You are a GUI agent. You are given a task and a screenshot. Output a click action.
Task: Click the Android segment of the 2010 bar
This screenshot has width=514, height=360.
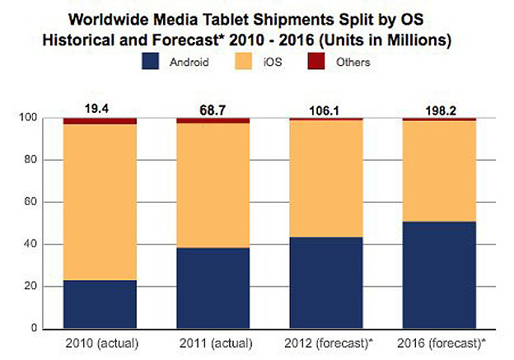100,304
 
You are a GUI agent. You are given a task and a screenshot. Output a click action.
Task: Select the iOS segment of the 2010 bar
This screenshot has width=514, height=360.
100,202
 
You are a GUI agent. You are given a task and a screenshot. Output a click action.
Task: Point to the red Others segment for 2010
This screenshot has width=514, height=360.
100,121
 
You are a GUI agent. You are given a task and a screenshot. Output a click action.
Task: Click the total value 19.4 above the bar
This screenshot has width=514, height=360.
100,108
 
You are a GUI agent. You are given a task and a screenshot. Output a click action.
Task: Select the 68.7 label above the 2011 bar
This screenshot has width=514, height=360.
213,108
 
